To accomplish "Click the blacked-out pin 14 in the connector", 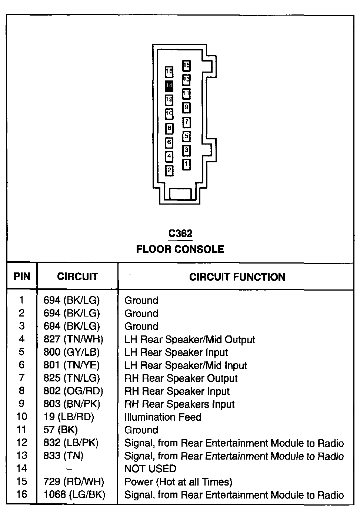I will (x=169, y=86).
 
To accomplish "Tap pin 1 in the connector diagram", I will (x=186, y=164).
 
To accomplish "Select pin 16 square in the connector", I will (x=169, y=72).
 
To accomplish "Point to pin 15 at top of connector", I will (x=186, y=66).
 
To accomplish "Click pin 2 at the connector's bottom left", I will (x=169, y=170).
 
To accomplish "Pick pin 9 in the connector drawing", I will (x=186, y=108).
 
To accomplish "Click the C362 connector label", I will (x=180, y=234).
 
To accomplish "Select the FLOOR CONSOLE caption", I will (x=180, y=249).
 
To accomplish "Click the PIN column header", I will (x=22, y=276).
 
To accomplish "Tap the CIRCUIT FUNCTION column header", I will (x=237, y=277).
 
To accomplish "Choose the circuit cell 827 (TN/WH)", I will (x=73, y=339).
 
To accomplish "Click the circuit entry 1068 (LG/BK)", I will (x=74, y=494).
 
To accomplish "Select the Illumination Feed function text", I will (x=163, y=417).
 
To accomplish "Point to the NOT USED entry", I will (x=150, y=468).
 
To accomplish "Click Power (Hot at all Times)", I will (x=178, y=481).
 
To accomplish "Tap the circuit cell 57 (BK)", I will (x=60, y=430).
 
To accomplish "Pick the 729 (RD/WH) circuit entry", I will (x=74, y=481).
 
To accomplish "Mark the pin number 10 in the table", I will (x=21, y=417).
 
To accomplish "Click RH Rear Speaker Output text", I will (x=181, y=378).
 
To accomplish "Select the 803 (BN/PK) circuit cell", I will (x=72, y=404).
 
